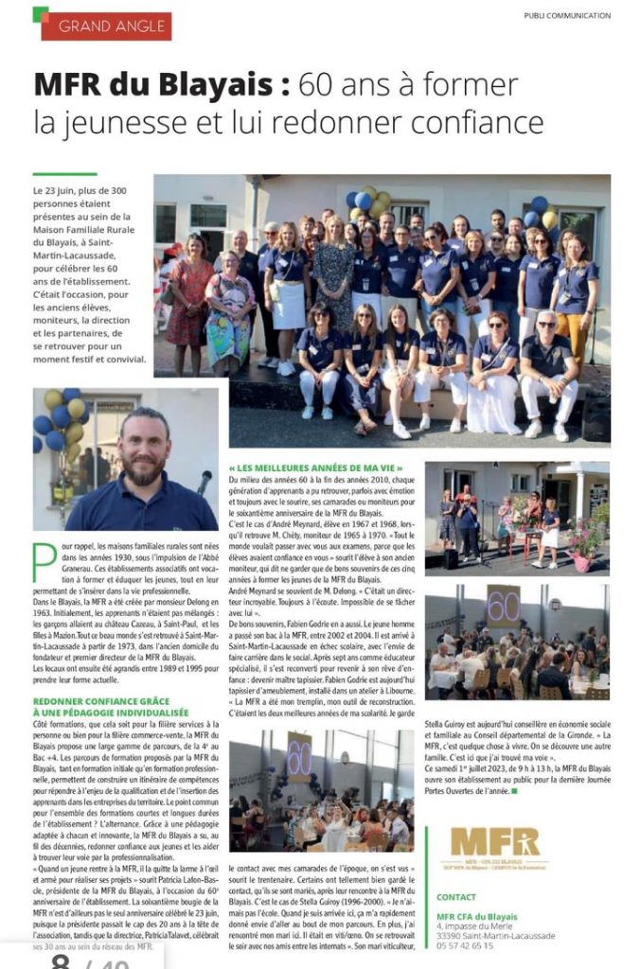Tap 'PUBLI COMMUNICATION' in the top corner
(x=567, y=15)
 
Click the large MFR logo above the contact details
(x=493, y=841)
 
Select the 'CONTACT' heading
(x=456, y=896)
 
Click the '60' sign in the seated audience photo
(x=503, y=606)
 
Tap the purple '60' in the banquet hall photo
(x=299, y=757)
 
